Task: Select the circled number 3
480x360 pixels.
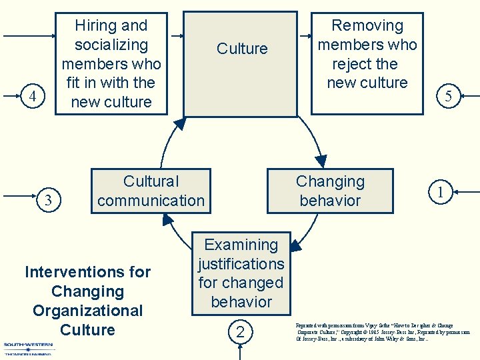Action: [47, 199]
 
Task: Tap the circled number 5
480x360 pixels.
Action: [448, 96]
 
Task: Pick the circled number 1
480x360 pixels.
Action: [439, 192]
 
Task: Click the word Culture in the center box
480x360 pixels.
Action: [242, 49]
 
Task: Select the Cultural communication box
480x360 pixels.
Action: [151, 191]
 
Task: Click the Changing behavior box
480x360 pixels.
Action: [330, 191]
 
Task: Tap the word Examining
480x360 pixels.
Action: [241, 245]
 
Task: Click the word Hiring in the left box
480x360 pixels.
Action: [92, 26]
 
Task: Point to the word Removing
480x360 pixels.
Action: [367, 26]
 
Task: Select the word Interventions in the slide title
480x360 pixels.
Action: [87, 272]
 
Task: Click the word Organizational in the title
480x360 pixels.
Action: [87, 311]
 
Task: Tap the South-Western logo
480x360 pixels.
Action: [29, 349]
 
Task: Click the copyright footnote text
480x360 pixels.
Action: [383, 331]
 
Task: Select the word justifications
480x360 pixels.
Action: [241, 264]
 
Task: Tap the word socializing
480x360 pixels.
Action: [111, 45]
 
